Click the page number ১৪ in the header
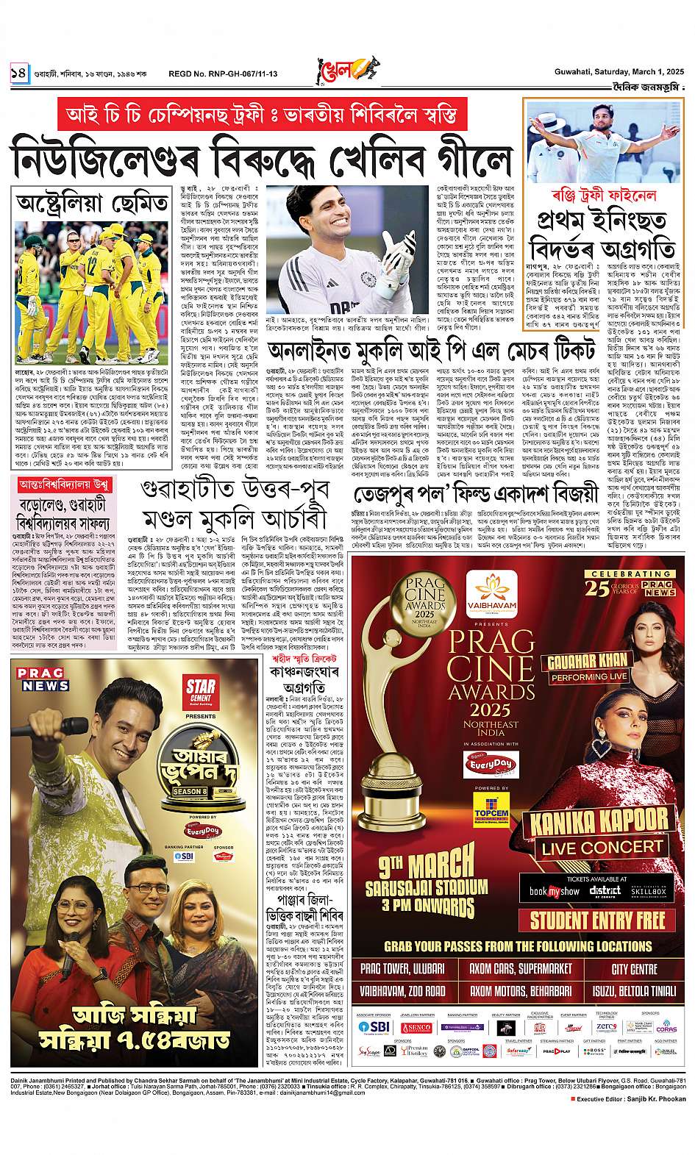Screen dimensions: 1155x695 pyautogui.click(x=18, y=73)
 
